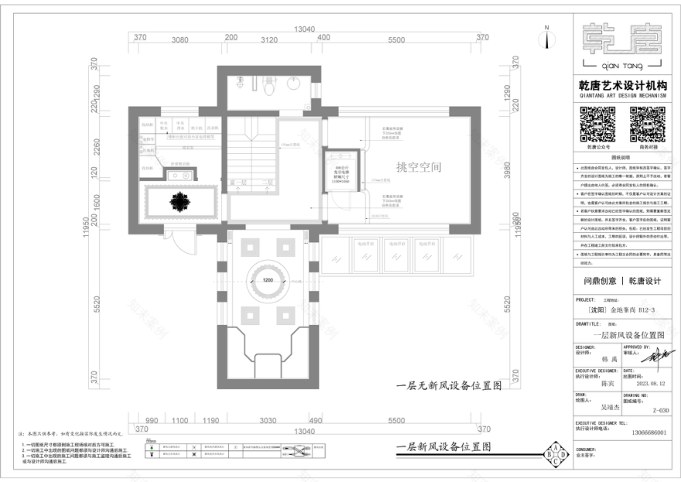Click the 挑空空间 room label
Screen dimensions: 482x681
point(418,166)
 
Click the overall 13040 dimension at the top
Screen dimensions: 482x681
point(305,29)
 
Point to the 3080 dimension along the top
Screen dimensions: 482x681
point(180,39)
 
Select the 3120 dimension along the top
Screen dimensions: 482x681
point(269,39)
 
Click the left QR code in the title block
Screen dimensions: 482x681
point(597,123)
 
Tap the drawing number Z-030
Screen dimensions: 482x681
point(660,410)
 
